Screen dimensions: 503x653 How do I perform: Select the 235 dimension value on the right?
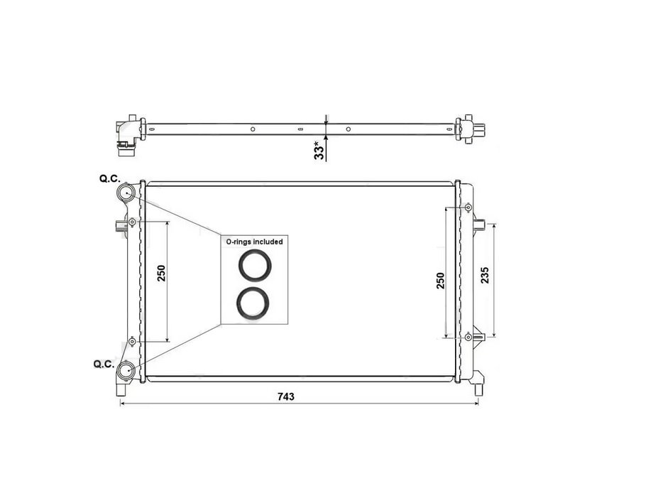[x=485, y=276]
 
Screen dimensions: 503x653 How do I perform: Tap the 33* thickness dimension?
[x=319, y=150]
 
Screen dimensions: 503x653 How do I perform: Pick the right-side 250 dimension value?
[x=440, y=280]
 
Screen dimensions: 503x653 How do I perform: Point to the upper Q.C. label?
[x=110, y=180]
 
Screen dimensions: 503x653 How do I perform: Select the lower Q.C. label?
[x=104, y=364]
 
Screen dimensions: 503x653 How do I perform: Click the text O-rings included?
[x=254, y=242]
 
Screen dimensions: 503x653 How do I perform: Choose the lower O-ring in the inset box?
[x=253, y=303]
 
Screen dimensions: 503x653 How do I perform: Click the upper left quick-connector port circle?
[x=128, y=193]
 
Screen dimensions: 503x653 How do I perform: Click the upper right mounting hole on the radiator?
[x=469, y=207]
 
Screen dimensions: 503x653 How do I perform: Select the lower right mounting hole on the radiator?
[x=469, y=337]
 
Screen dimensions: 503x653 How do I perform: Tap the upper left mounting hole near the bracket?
[x=133, y=222]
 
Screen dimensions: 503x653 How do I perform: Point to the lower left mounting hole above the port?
[x=133, y=342]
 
